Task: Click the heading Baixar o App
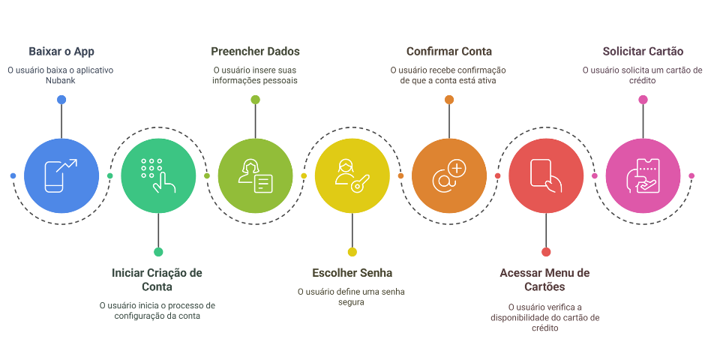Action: pos(61,52)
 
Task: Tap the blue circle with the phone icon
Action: pos(61,175)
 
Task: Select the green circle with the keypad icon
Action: pos(158,175)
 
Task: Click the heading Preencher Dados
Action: pos(255,52)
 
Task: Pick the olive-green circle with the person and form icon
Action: pos(255,175)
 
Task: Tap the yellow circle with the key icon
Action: pos(352,175)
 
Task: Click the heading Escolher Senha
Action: pos(352,272)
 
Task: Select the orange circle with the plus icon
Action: pos(449,175)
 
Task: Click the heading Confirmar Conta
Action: pos(449,52)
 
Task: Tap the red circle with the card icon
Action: pos(546,175)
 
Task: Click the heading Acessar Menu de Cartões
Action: pos(545,280)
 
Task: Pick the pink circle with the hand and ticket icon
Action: pos(643,175)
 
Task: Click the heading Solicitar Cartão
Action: pos(643,52)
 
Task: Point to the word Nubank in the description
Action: pos(61,81)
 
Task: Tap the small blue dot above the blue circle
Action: pos(61,100)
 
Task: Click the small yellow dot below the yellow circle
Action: pos(352,252)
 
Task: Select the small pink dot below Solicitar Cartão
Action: pos(643,100)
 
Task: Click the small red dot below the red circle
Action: pos(546,252)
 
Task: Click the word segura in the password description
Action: pos(352,302)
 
